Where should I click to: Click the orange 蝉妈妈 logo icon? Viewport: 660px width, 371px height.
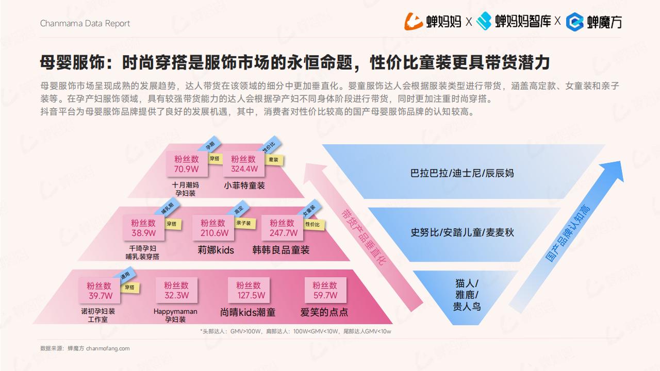pos(414,22)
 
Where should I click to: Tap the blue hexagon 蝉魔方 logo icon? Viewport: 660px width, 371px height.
pos(574,22)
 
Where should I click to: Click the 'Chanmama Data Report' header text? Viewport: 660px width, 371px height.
pos(85,24)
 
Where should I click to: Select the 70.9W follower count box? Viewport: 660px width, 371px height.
pos(187,164)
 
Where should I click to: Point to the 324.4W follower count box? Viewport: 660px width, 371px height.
pos(244,164)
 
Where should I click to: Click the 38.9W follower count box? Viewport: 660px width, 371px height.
pos(143,228)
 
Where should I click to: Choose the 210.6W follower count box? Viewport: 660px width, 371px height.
pos(213,228)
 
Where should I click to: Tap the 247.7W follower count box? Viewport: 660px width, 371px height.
pos(282,228)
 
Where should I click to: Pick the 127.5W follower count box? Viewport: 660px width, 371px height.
pos(249,290)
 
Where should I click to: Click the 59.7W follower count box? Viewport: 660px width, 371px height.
pos(325,290)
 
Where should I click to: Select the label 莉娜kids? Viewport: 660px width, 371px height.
pos(216,250)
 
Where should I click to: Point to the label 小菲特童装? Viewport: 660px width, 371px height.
pos(244,185)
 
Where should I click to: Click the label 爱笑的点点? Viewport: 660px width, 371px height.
pos(324,312)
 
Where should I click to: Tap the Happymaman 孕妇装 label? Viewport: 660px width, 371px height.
pos(175,315)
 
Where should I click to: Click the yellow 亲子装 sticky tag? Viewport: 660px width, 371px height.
pos(244,223)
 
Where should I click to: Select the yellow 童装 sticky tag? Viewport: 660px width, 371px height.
pos(274,160)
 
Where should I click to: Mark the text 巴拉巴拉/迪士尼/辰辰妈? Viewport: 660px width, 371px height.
pos(462,173)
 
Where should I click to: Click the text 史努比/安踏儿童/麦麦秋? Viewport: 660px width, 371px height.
pos(462,232)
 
